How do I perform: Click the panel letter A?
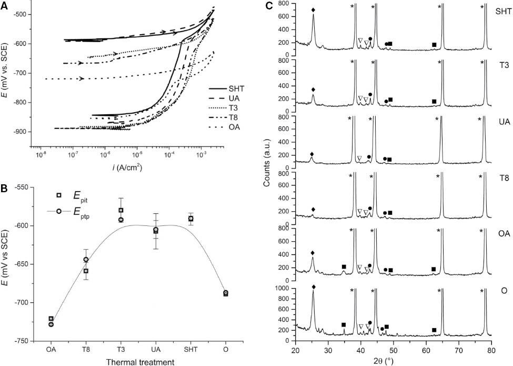(x=5, y=5)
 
